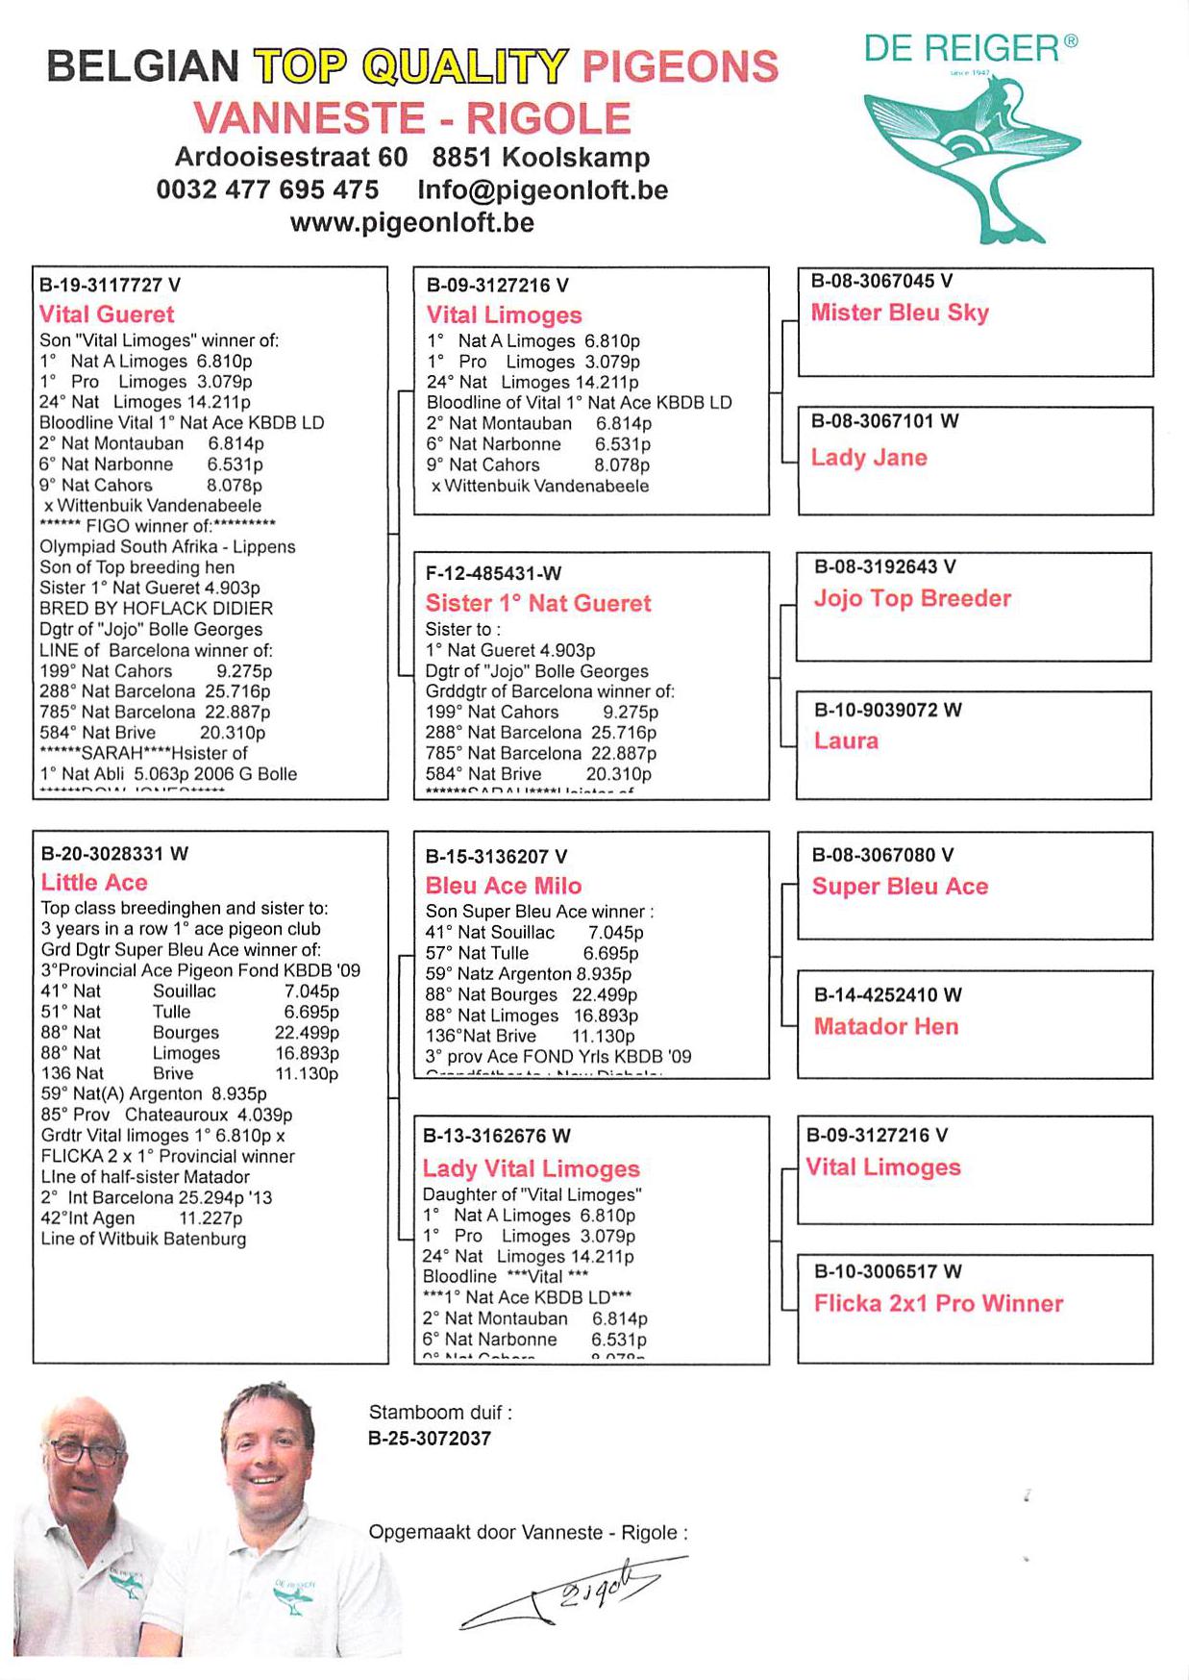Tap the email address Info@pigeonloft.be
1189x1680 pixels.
click(x=542, y=189)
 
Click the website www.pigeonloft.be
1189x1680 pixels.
click(x=411, y=222)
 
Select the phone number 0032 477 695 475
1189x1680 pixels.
click(x=267, y=189)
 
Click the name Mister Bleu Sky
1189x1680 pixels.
click(x=899, y=313)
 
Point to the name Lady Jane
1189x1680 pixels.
click(x=868, y=458)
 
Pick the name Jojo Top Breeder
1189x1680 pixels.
click(x=911, y=598)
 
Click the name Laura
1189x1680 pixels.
click(x=846, y=740)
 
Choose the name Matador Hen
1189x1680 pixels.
click(x=885, y=1026)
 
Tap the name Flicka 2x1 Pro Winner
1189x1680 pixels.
click(x=938, y=1303)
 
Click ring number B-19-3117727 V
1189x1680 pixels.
click(x=110, y=285)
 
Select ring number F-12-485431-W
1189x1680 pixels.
click(x=493, y=574)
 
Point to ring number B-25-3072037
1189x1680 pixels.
click(x=429, y=1439)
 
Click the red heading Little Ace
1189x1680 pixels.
click(x=94, y=883)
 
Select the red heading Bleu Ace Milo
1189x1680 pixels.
click(x=504, y=886)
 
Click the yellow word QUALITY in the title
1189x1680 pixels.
click(x=465, y=66)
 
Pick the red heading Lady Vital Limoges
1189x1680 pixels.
click(x=531, y=1168)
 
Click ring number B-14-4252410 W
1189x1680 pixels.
click(x=887, y=994)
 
